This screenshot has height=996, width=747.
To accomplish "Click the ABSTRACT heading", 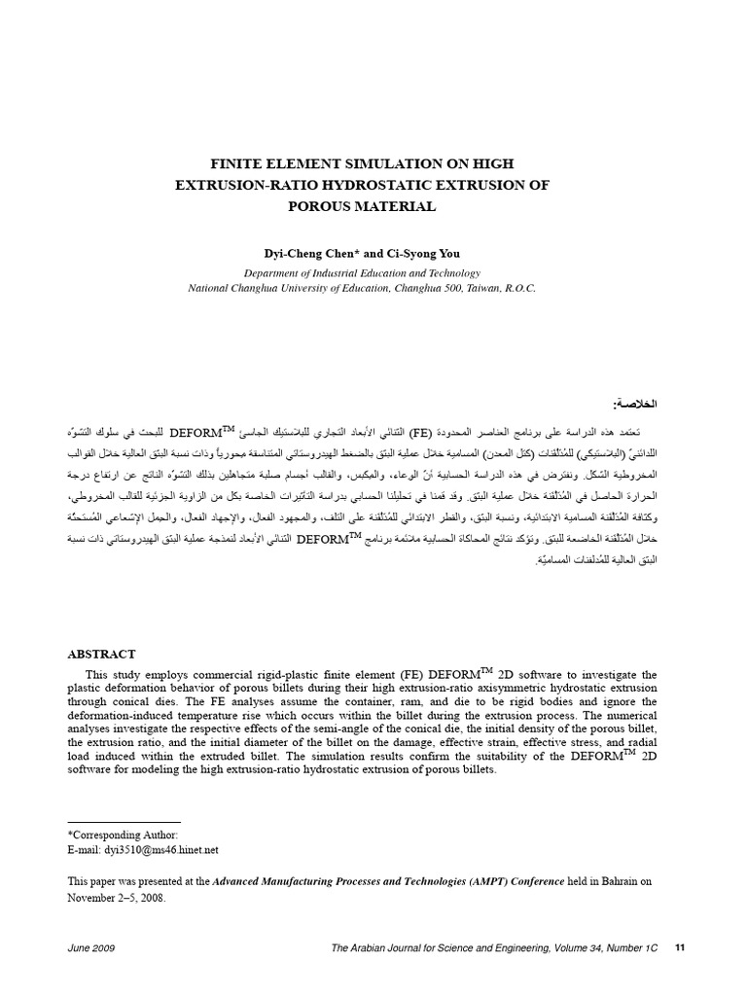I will tap(101, 654).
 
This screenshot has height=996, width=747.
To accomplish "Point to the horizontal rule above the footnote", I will tap(124, 823).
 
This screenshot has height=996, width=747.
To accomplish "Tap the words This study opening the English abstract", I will tap(112, 674).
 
